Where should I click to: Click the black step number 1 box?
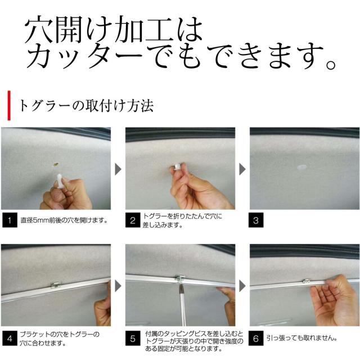[x=10, y=220]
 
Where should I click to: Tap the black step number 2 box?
[x=133, y=220]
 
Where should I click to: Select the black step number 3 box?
[x=256, y=220]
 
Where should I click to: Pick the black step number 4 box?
[x=10, y=338]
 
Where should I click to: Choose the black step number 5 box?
[x=133, y=338]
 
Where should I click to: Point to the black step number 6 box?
[x=256, y=338]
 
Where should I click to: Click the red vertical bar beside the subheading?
[x=9, y=105]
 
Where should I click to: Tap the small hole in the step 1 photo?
[x=56, y=164]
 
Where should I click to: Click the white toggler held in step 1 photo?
[x=60, y=181]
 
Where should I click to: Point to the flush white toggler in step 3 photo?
[x=301, y=167]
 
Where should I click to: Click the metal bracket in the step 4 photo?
[x=56, y=285]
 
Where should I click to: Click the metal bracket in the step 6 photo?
[x=306, y=281]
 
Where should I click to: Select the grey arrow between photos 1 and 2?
[x=118, y=169]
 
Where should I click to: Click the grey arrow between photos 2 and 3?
[x=242, y=169]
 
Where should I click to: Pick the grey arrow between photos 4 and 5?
[x=118, y=286]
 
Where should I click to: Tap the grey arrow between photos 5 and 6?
[x=242, y=286]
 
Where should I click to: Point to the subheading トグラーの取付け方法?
[x=86, y=106]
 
